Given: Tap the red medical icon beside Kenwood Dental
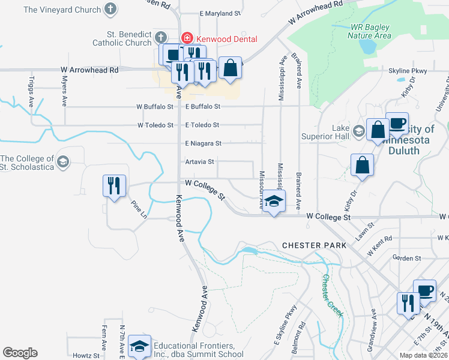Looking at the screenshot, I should point(187,38).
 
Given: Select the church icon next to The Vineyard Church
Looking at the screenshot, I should point(110,9).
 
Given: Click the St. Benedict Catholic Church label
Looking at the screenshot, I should point(122,38).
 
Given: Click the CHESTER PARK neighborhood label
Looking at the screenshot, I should point(314,246).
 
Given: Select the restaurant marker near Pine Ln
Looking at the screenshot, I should point(114,185).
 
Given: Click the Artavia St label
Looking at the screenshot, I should point(200,161).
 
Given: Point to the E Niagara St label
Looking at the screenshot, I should point(203,143).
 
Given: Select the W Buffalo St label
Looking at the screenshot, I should point(155,107).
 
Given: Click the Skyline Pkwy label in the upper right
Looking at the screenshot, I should point(408,71).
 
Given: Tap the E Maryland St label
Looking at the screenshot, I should point(220,13).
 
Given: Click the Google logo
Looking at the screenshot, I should point(20,353).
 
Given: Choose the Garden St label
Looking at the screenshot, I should point(406,258).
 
